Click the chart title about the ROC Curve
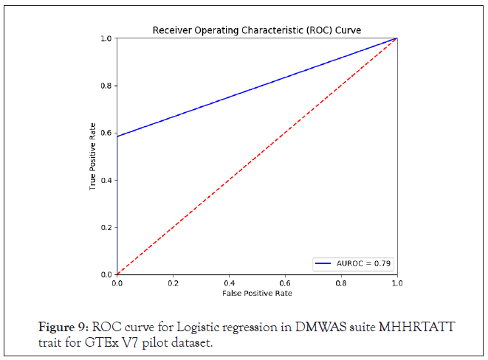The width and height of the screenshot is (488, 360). point(256,30)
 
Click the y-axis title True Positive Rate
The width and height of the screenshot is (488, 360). point(93,156)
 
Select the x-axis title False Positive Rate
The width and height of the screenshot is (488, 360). point(256,293)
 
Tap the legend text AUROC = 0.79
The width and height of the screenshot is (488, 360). point(365,263)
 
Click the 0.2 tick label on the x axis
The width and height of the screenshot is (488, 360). point(173,282)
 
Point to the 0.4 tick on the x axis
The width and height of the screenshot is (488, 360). point(229,282)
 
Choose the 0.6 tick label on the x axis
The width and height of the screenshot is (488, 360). point(285,282)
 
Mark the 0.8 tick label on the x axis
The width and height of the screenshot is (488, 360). point(341,282)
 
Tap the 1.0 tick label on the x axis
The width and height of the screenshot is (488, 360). point(396,282)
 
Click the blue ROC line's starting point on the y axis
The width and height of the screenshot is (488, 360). point(117,136)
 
